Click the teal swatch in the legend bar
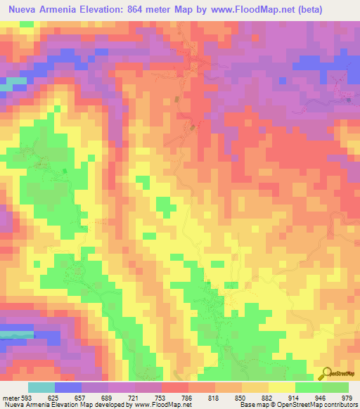coord(41,387)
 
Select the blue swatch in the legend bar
coord(68,387)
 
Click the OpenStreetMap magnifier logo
coord(326,374)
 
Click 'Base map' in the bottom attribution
coord(252,405)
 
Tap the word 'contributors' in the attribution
coord(339,405)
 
